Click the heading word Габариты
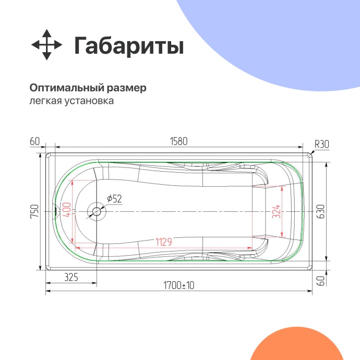(128, 46)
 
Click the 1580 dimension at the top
(178, 141)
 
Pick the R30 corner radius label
(321, 145)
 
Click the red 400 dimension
(66, 211)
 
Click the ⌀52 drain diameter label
(114, 199)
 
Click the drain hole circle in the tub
(97, 211)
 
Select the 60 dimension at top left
(35, 141)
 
